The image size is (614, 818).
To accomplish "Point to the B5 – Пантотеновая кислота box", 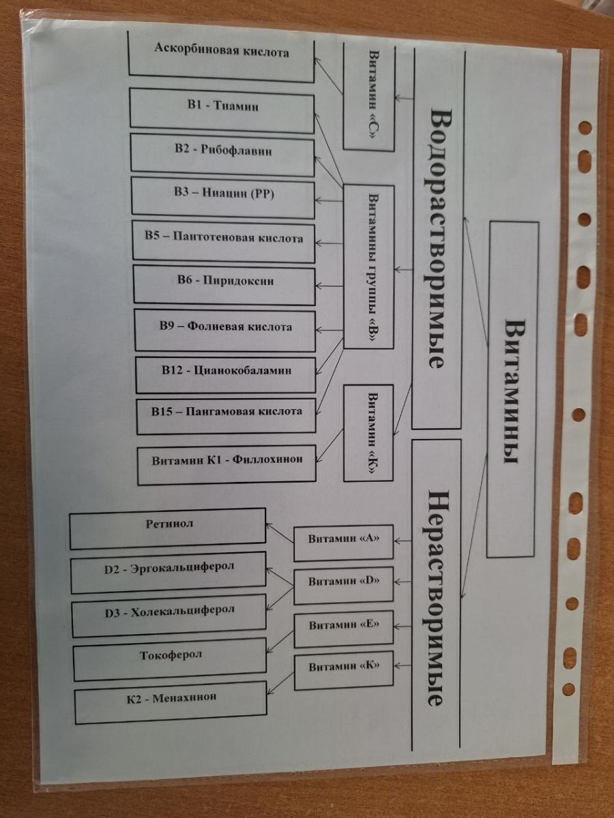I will pyautogui.click(x=224, y=240).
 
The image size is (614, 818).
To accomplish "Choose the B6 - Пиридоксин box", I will pyautogui.click(x=224, y=284).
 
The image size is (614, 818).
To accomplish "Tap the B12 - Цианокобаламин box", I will pyautogui.click(x=226, y=374).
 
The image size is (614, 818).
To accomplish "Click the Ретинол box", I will pyautogui.click(x=168, y=528).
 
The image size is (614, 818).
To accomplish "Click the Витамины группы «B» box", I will pyautogui.click(x=368, y=267).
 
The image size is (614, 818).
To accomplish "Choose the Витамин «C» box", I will pyautogui.click(x=368, y=96).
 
